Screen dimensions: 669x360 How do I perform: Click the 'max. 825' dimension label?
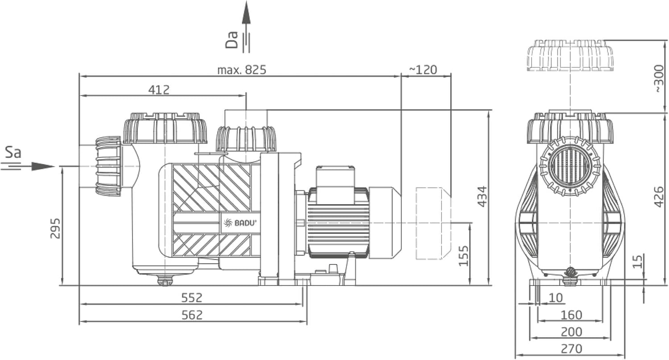[242, 70]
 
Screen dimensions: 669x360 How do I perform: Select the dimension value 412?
[159, 90]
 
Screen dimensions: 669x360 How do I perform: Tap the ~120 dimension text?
[423, 70]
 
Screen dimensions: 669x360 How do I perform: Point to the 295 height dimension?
[55, 228]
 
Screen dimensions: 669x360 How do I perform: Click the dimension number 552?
[192, 298]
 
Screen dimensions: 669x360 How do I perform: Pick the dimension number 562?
[192, 315]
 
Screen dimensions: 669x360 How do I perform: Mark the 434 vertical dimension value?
[482, 197]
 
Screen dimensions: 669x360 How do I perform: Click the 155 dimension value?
[463, 256]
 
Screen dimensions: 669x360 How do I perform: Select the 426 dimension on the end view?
[659, 197]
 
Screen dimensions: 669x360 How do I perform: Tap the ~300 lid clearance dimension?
[659, 79]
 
